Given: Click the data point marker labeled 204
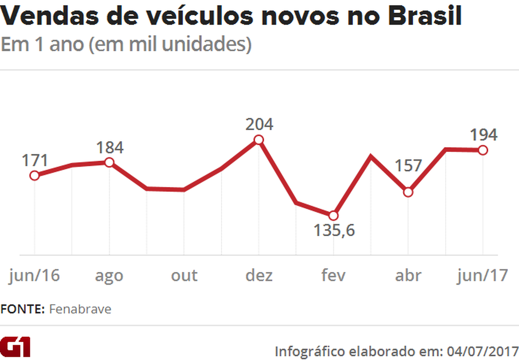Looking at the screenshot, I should coord(258,140).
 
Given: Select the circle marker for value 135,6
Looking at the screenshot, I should coord(333,216).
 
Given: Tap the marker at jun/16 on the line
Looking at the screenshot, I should coord(34,176).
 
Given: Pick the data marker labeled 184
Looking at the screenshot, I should coord(109,162).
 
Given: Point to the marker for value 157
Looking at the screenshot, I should coord(408,192).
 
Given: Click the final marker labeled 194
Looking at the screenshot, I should coord(482,150).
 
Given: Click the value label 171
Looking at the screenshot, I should coord(35,159).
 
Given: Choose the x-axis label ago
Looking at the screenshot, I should coord(109,276).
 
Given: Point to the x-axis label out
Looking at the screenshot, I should coord(184,275).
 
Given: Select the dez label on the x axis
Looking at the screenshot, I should coord(258,275).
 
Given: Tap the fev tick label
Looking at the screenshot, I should coord(333,275).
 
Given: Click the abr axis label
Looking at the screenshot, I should coord(408,275).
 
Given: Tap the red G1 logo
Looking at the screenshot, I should coord(16,347).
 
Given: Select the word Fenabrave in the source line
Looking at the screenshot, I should coord(80,309).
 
